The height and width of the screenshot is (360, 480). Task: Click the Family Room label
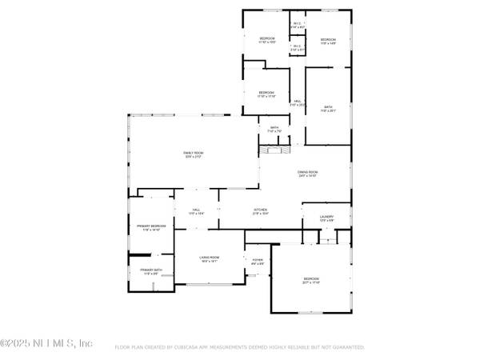pyautogui.click(x=193, y=154)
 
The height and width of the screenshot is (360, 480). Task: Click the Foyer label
pyautogui.click(x=258, y=261)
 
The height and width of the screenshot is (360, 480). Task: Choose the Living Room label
pyautogui.click(x=210, y=258)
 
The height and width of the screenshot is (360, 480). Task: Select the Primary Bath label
pyautogui.click(x=151, y=271)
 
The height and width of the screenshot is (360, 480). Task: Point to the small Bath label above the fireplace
pyautogui.click(x=274, y=129)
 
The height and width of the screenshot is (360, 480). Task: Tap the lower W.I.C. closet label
pyautogui.click(x=296, y=47)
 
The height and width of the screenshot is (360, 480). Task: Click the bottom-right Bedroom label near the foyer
pyautogui.click(x=311, y=281)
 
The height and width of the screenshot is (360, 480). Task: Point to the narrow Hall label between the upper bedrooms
pyautogui.click(x=297, y=102)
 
